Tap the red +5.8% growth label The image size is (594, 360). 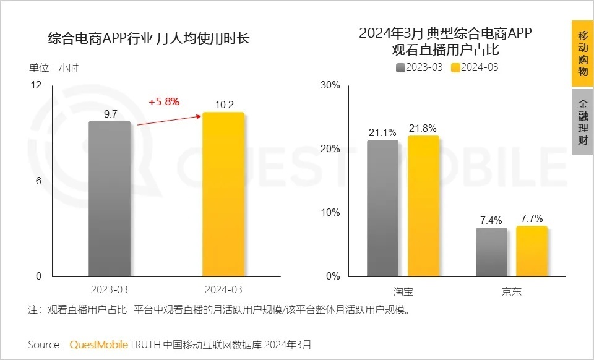point(164,102)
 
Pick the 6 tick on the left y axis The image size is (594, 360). point(38,181)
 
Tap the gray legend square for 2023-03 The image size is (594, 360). point(400,67)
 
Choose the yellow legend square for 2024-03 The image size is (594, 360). point(455,67)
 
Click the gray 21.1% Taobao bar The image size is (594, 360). point(382,208)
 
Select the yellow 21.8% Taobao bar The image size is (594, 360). point(423,206)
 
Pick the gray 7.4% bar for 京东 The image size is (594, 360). point(491,252)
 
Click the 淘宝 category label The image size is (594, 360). point(403,291)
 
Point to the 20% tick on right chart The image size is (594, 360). point(331,148)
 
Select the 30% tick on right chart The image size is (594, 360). point(331,85)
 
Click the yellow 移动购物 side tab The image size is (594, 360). point(582,53)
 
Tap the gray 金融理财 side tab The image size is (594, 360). point(582,122)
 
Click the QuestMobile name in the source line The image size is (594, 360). point(99,344)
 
